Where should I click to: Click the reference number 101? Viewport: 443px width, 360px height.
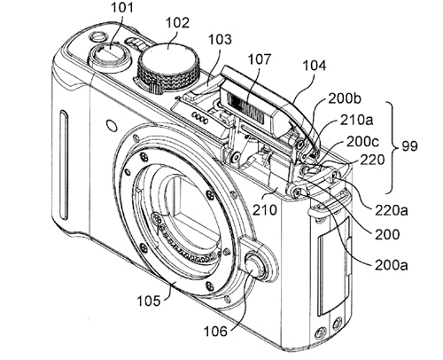click(122, 7)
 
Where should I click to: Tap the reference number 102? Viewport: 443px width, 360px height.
click(177, 22)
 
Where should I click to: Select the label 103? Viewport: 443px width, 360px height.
click(220, 39)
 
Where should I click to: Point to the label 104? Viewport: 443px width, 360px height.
click(315, 66)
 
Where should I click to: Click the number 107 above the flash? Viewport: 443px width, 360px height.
click(259, 59)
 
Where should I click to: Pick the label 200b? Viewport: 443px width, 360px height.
click(345, 99)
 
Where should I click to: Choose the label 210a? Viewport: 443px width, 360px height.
click(356, 120)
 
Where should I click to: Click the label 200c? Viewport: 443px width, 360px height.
click(362, 142)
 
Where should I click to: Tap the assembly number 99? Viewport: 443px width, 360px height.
click(409, 146)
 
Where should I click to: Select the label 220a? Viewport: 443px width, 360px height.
click(392, 210)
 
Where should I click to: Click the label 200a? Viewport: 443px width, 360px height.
click(392, 265)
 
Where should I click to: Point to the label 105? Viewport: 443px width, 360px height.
click(149, 301)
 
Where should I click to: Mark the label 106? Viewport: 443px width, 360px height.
click(216, 331)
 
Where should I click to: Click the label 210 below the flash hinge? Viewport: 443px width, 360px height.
click(265, 210)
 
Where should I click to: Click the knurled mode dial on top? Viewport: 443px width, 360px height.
click(168, 68)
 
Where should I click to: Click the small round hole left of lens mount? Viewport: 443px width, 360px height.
click(112, 126)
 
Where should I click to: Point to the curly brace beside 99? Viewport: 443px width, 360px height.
click(392, 147)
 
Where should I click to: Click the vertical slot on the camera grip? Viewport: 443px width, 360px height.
click(64, 166)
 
